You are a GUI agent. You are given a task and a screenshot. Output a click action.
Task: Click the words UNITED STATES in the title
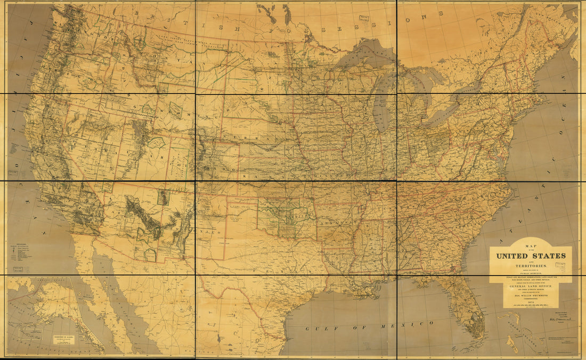click(531, 256)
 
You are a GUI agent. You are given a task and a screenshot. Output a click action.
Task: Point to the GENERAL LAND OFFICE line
click(531, 287)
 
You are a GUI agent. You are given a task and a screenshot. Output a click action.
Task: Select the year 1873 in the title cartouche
click(531, 301)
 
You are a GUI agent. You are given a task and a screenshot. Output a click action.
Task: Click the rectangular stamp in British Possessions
click(364, 18)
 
